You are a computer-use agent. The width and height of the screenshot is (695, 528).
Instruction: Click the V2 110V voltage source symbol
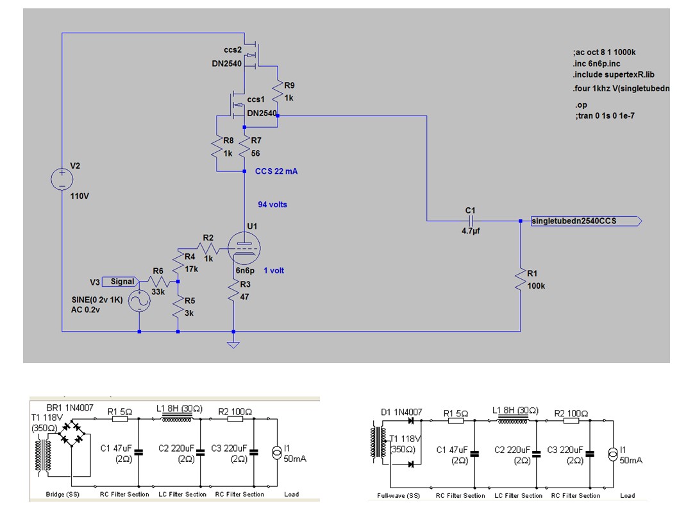62,179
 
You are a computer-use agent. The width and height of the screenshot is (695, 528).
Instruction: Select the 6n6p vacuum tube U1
244,248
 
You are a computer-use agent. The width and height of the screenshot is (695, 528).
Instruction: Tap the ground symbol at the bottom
233,345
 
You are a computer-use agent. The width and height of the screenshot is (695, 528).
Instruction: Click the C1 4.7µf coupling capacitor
471,221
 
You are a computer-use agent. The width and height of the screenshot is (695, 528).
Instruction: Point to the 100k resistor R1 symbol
521,280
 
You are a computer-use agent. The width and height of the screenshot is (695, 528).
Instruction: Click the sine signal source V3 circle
139,302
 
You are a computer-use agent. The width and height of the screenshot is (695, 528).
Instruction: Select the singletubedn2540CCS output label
586,221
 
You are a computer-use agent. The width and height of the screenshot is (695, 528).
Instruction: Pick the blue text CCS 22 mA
276,171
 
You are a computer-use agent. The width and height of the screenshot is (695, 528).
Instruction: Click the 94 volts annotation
272,205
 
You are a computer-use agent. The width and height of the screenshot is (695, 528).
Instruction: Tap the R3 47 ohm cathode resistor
233,291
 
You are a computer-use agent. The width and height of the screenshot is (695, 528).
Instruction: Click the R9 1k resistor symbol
278,91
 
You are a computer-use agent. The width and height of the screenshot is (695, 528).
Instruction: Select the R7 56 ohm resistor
244,147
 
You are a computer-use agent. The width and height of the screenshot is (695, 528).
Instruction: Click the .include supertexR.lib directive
614,74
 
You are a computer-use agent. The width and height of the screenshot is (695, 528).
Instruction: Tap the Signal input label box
120,282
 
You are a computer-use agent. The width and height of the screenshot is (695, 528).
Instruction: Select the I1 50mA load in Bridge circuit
277,453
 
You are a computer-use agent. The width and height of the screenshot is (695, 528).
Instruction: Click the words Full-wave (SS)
398,496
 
